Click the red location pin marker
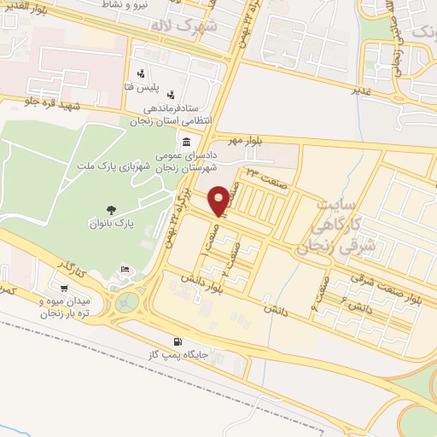(x=219, y=200)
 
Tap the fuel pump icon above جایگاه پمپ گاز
(x=178, y=339)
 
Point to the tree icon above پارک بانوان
(x=110, y=208)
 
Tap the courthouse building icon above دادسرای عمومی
(x=186, y=141)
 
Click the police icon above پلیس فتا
(x=138, y=74)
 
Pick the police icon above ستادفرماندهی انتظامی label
(x=173, y=94)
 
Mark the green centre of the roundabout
(x=128, y=301)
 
